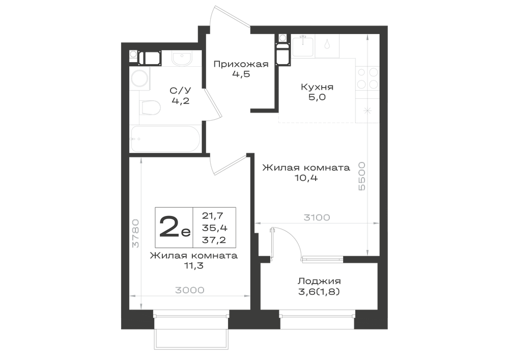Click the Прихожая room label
(x=241, y=64)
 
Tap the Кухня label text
(x=317, y=87)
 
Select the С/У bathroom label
(x=181, y=90)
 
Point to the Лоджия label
(x=320, y=281)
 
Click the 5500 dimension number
(x=361, y=176)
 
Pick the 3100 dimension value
(x=317, y=217)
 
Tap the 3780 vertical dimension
(x=136, y=233)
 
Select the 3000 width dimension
(x=190, y=290)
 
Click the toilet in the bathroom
(x=151, y=107)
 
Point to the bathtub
(x=164, y=139)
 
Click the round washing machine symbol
(x=139, y=78)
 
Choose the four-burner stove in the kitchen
(x=368, y=78)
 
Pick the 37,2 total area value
(x=214, y=240)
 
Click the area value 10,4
(x=306, y=178)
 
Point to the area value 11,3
(x=194, y=266)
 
